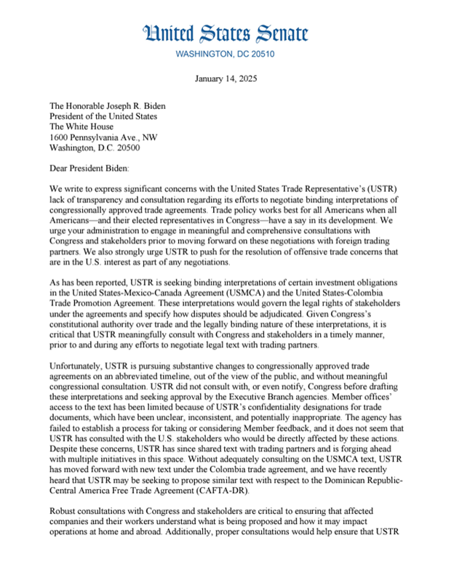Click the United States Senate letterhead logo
(226, 33)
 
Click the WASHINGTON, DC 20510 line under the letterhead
(226, 54)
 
